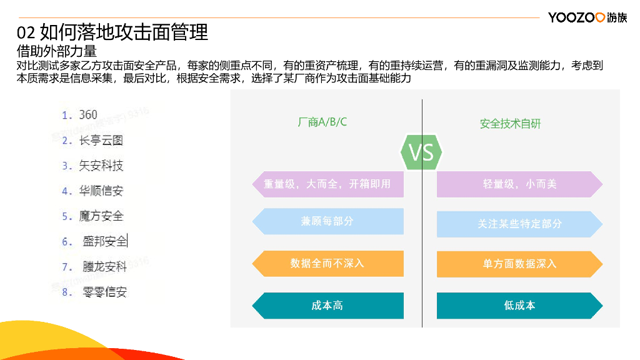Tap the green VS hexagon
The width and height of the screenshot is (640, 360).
[421, 152]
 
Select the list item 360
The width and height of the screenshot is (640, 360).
[88, 115]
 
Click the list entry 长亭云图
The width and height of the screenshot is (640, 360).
[101, 141]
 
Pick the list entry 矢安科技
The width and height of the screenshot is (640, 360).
[101, 166]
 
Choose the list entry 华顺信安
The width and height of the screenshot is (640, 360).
[101, 191]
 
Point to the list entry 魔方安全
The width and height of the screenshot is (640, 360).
[101, 216]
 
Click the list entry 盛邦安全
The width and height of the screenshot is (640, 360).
[104, 241]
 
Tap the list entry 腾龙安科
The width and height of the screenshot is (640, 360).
[104, 267]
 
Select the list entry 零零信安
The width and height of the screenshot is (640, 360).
[104, 292]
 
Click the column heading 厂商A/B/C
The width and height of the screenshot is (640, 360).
[322, 122]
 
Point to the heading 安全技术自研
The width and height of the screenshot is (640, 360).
[510, 124]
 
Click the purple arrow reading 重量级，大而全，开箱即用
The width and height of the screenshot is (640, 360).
[327, 184]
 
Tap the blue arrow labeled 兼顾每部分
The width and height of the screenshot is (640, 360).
[327, 221]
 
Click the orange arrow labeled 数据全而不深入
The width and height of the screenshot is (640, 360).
[327, 263]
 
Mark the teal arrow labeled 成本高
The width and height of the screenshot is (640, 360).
[327, 306]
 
